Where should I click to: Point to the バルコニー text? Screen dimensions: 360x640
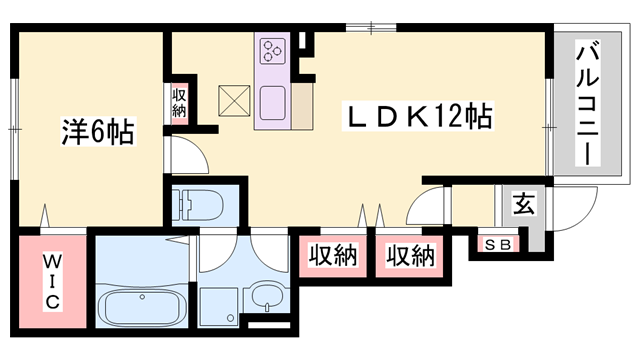point(587,102)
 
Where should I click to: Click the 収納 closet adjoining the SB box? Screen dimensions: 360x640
point(411,256)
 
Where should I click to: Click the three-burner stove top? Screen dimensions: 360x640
point(273,51)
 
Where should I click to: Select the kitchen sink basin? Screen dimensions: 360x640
point(274,101)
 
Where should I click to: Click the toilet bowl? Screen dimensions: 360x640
point(193,207)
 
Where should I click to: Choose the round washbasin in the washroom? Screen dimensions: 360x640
point(265,296)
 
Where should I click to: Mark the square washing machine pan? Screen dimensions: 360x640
point(218,300)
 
